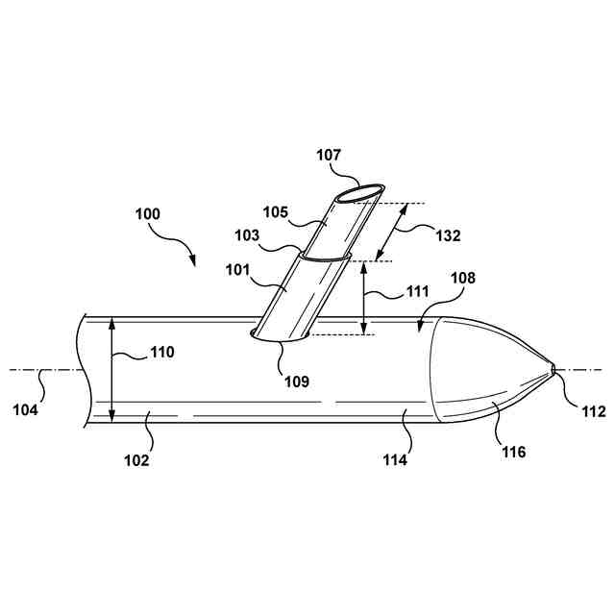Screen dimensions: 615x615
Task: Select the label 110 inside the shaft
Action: (160, 352)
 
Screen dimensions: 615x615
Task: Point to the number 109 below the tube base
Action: (296, 381)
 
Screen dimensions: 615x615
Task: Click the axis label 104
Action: (26, 409)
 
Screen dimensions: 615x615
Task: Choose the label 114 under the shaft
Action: (394, 459)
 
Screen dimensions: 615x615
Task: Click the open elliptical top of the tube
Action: (360, 194)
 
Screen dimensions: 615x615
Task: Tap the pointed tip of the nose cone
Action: (553, 369)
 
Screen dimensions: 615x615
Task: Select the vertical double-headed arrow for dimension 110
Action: (113, 369)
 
